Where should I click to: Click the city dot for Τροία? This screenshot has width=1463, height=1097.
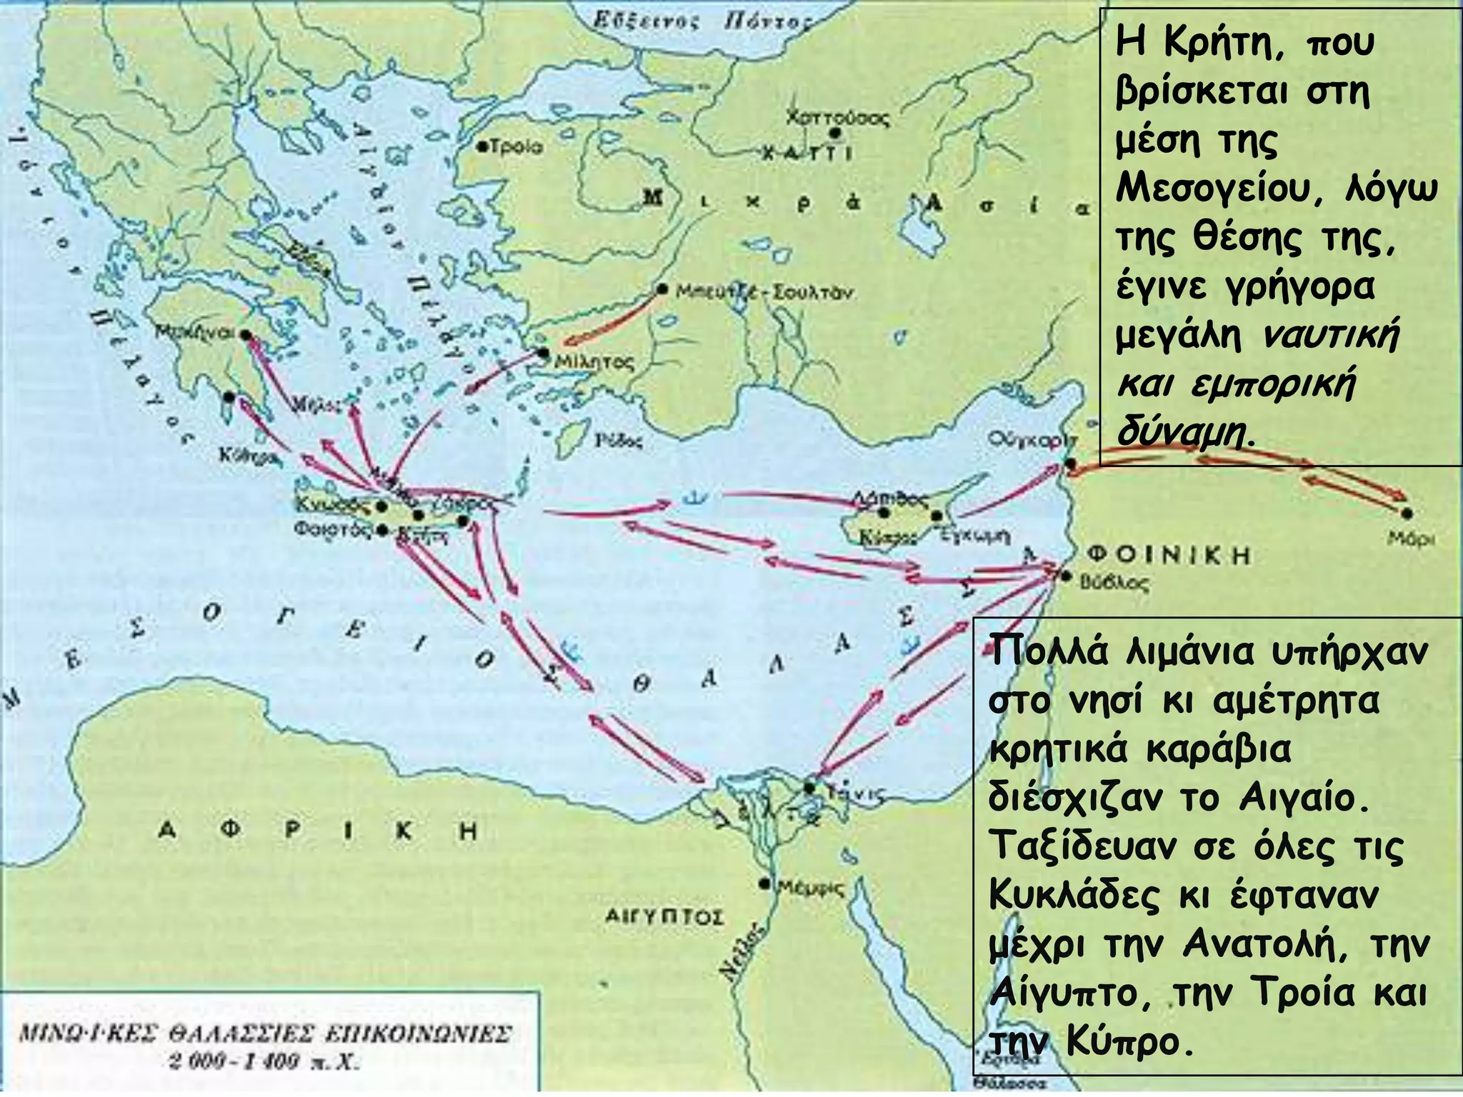pos(482,146)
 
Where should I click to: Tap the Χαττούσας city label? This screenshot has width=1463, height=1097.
pos(837,117)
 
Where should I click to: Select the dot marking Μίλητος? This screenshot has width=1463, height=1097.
pos(543,352)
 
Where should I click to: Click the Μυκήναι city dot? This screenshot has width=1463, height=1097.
pos(246,334)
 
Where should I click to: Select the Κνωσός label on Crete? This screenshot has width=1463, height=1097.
pos(333,505)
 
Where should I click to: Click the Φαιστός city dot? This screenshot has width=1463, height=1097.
pos(383,530)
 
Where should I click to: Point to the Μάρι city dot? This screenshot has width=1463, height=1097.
pos(1407,512)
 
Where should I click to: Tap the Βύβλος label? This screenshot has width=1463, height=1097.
pos(1114,583)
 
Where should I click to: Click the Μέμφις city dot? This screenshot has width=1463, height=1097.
pos(765,883)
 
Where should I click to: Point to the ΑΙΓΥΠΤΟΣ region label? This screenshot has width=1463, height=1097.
pos(664,916)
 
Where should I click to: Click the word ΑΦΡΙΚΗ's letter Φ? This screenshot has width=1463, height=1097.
pos(230,831)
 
